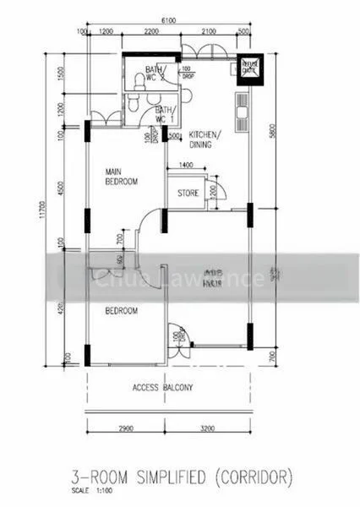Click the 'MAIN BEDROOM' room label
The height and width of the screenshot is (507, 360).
(122, 175)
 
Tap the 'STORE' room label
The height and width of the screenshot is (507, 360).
(188, 194)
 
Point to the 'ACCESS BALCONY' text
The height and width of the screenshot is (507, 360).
(163, 389)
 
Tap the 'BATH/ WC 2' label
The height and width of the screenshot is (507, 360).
(155, 74)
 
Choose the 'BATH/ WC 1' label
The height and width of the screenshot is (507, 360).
(163, 115)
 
